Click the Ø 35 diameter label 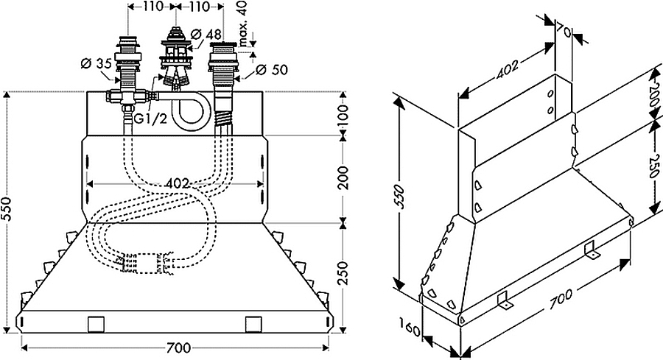click(x=96, y=64)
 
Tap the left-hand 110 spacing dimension click(x=152, y=7)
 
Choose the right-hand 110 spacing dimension click(x=199, y=7)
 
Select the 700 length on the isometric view click(x=561, y=300)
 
